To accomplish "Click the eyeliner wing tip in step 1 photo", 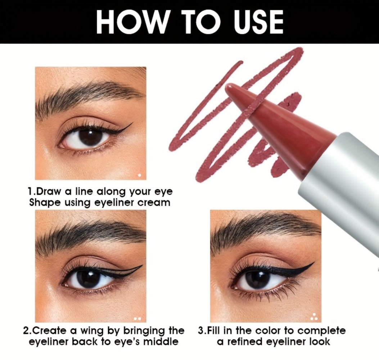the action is coord(133,123).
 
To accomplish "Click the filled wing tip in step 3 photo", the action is coord(314,263).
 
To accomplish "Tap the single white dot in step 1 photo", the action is coord(139,175).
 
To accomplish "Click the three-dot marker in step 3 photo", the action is coord(314,317).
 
